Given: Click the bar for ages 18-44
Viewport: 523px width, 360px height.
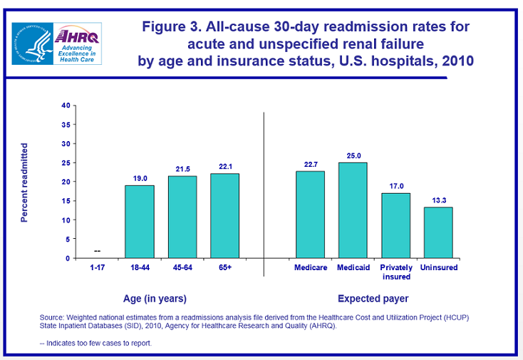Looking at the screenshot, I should (139, 222).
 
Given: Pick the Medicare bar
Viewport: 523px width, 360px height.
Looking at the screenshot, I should (310, 215).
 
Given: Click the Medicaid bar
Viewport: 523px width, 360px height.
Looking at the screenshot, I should (353, 210).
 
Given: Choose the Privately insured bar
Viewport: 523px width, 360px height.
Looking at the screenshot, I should (395, 225).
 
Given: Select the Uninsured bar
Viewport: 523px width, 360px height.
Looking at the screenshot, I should (438, 232).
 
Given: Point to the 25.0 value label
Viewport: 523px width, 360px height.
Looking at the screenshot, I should (353, 155).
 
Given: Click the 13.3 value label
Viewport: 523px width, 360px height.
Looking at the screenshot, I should (438, 200).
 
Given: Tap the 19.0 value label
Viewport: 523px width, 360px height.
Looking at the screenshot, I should (139, 178).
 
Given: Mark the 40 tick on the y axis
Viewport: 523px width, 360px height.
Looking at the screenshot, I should (66, 106).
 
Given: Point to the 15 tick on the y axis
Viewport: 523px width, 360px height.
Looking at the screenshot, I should (66, 201).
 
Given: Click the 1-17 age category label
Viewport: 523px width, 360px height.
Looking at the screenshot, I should (97, 268).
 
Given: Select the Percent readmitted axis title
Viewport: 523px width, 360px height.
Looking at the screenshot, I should (24, 182).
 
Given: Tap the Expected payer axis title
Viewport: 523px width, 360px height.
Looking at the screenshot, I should (373, 298).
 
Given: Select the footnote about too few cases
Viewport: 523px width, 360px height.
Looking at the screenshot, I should (95, 344).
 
